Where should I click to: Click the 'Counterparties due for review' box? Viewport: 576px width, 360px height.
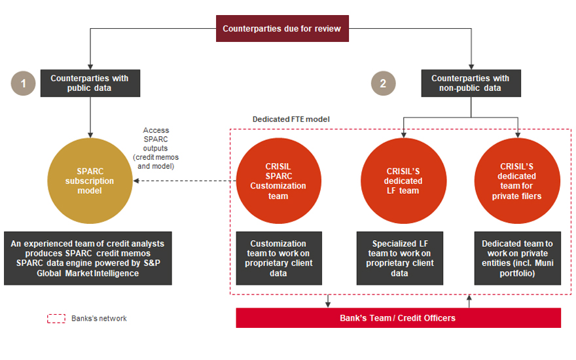(x=281, y=29)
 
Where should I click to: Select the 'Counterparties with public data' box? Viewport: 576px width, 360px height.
(x=90, y=83)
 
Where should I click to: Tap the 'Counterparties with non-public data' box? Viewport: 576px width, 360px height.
(x=470, y=83)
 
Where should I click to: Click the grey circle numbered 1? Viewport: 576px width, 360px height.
(x=24, y=84)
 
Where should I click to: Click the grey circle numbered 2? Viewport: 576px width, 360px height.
(x=383, y=84)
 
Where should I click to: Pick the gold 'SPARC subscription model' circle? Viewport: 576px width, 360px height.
(x=90, y=181)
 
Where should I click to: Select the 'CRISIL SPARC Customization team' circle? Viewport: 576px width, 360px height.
(x=278, y=181)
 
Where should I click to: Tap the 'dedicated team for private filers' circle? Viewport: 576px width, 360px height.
(x=516, y=181)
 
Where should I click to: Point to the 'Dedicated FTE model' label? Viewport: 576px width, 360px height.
(x=282, y=120)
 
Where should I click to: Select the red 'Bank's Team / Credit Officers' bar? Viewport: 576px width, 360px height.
(x=398, y=318)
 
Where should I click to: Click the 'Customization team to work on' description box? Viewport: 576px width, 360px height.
(x=279, y=258)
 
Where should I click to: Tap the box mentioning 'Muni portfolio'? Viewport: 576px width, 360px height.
(x=517, y=258)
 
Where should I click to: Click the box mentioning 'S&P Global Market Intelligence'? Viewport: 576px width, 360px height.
(x=88, y=258)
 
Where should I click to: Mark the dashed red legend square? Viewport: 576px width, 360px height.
(x=56, y=319)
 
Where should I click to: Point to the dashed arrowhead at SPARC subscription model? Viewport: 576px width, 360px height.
(x=136, y=181)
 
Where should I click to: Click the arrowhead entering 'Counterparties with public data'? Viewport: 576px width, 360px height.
(x=90, y=67)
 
